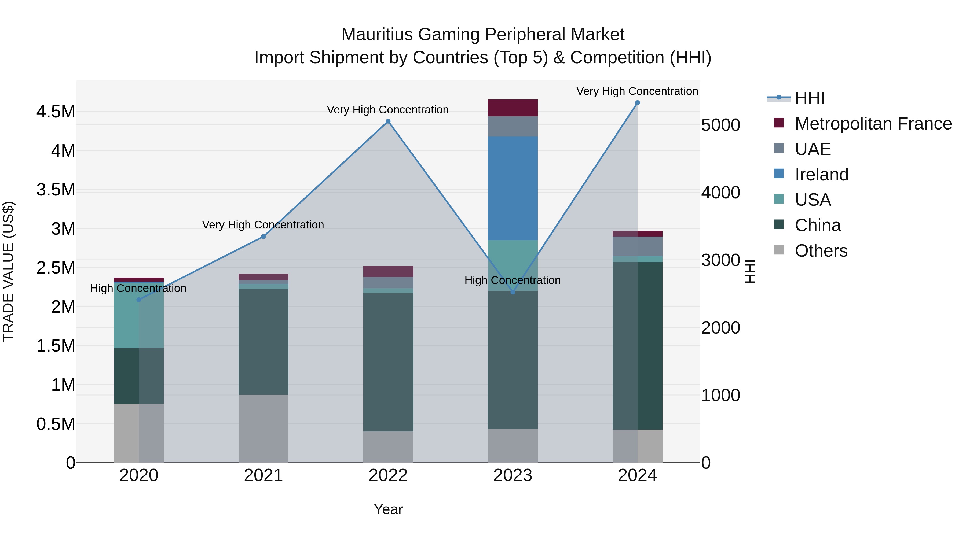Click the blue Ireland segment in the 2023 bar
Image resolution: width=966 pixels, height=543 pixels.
(x=513, y=188)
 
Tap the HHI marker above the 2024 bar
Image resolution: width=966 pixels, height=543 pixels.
(x=638, y=103)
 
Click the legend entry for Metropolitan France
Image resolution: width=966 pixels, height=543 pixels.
(x=873, y=124)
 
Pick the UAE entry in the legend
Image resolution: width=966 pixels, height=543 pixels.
(x=813, y=149)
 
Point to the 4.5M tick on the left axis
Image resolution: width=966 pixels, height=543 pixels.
(x=56, y=112)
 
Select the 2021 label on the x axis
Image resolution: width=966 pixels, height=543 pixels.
(x=263, y=475)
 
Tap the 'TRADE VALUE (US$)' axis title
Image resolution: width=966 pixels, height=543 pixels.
(x=9, y=271)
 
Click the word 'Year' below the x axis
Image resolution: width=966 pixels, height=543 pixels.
(x=388, y=509)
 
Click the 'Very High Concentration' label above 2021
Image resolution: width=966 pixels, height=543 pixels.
(x=263, y=225)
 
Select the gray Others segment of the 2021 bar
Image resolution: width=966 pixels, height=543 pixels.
(x=263, y=428)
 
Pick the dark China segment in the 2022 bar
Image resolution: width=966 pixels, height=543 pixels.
(x=388, y=362)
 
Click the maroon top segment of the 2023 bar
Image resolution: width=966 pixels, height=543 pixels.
(x=513, y=108)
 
